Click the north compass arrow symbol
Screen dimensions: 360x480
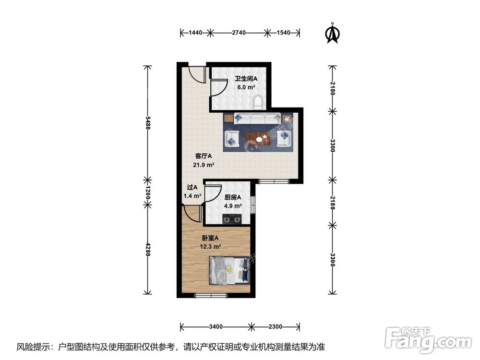(x=331, y=33)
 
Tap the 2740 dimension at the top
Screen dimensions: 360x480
(x=239, y=33)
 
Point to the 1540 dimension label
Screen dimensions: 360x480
(x=284, y=33)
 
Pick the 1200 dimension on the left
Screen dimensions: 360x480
(x=147, y=194)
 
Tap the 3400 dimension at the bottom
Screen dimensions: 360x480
(x=216, y=327)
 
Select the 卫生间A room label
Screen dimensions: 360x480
(x=246, y=79)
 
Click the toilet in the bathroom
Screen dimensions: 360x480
(x=258, y=101)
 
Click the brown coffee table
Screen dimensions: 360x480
(x=260, y=138)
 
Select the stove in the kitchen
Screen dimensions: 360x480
(x=232, y=219)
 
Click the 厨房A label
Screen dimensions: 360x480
(x=233, y=197)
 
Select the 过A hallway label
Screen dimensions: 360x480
(x=192, y=188)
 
